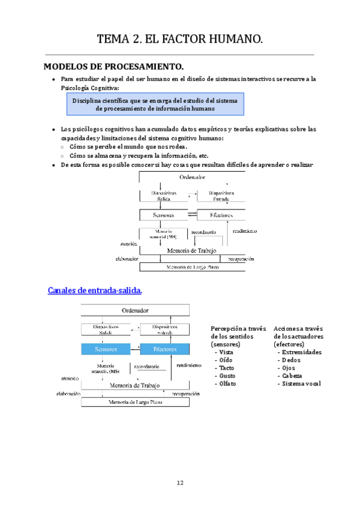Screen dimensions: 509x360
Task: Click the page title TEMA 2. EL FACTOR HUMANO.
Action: point(180,40)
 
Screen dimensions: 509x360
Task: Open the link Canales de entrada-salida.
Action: point(95,291)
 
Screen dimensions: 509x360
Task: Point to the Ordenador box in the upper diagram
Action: point(192,177)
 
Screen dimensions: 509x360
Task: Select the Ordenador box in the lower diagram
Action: point(135,310)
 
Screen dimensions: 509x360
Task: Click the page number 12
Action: point(180,483)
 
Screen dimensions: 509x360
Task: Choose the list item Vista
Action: point(226,352)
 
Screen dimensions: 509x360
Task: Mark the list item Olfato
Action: point(227,384)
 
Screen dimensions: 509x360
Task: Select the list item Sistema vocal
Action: point(301,384)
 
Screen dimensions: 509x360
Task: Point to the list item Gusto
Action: point(227,376)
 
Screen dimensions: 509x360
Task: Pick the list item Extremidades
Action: point(302,352)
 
